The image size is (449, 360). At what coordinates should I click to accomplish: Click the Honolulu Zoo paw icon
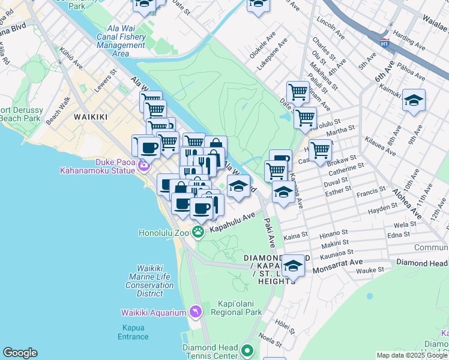[x=197, y=232]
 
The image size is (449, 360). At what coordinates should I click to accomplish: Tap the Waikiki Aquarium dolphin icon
[x=195, y=312]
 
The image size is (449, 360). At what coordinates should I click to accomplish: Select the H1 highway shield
[x=384, y=43]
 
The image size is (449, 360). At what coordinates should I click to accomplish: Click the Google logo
[x=20, y=353]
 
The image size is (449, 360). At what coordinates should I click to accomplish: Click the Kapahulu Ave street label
[x=232, y=221]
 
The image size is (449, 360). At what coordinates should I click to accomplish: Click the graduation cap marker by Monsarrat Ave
[x=293, y=265]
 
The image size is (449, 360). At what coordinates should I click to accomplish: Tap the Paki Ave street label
[x=269, y=233]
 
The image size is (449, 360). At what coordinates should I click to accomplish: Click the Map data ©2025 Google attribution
[x=411, y=355]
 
